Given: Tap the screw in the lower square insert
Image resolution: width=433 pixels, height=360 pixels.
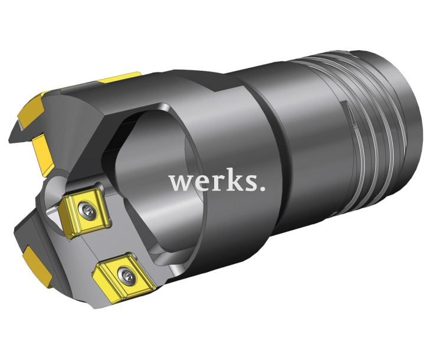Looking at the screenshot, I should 125,273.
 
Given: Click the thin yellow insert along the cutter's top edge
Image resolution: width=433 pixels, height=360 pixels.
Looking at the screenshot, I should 120,77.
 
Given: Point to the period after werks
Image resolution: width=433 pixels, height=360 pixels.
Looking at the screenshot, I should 261,189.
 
